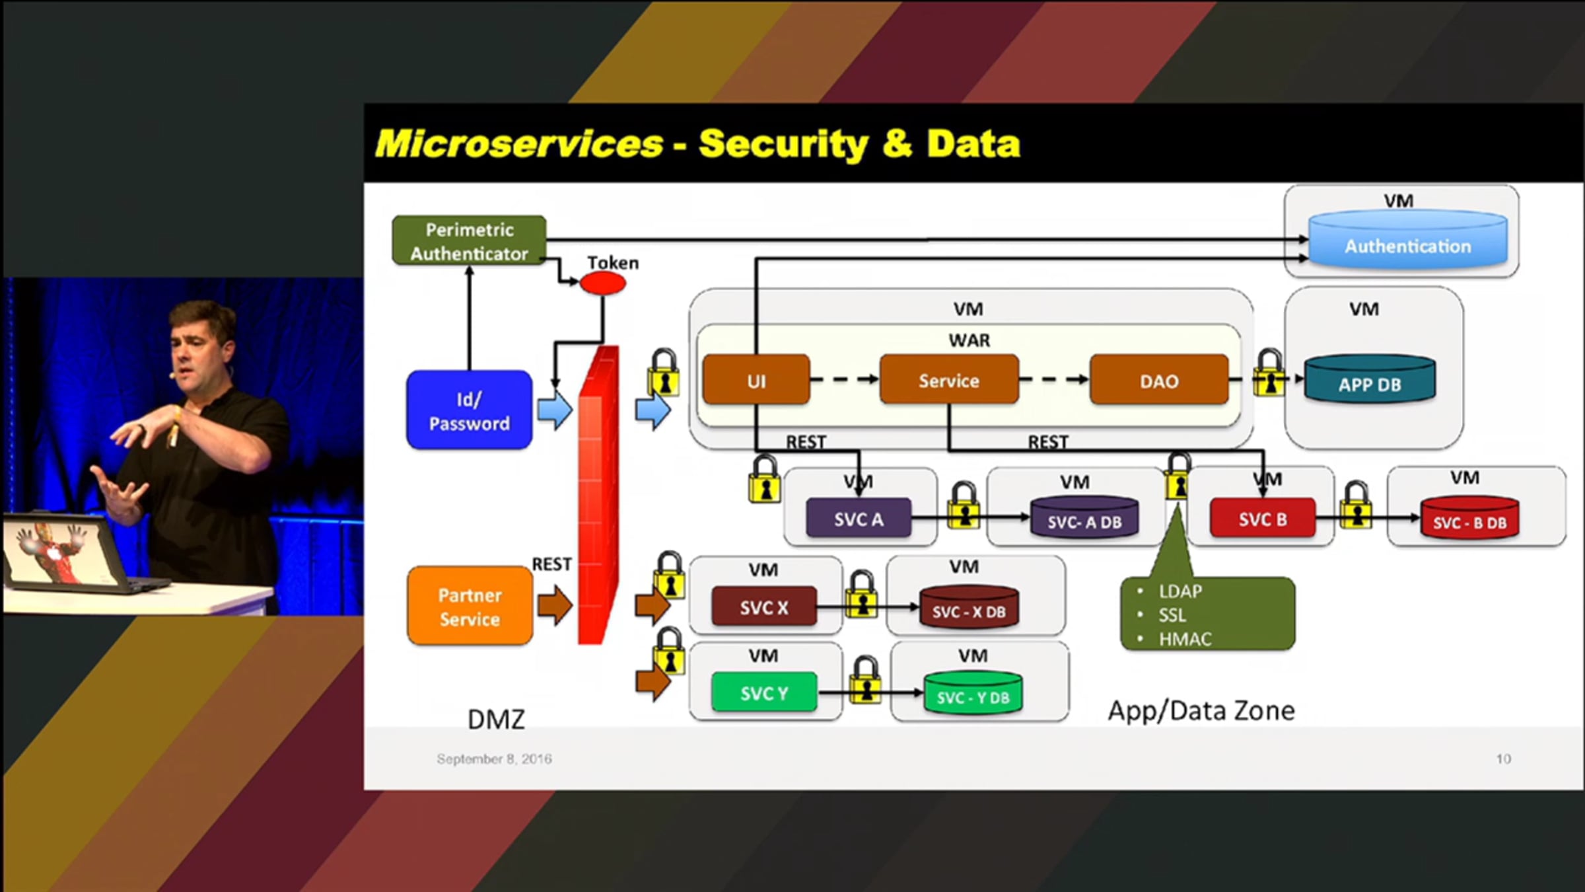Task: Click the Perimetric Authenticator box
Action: tap(469, 241)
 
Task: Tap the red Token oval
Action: tap(602, 283)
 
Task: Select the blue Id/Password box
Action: tap(469, 410)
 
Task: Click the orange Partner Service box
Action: tap(470, 606)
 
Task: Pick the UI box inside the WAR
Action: tap(756, 380)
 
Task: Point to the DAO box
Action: tap(1159, 380)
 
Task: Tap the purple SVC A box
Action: tap(858, 519)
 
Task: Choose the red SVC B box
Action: tap(1262, 519)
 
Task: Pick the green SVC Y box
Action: tap(764, 692)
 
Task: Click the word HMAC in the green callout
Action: tap(1185, 639)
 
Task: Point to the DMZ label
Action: tap(496, 719)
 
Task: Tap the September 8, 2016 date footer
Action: tap(494, 759)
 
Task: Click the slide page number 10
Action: tap(1503, 759)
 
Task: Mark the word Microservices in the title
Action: tap(519, 143)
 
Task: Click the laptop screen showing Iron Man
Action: tap(56, 550)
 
